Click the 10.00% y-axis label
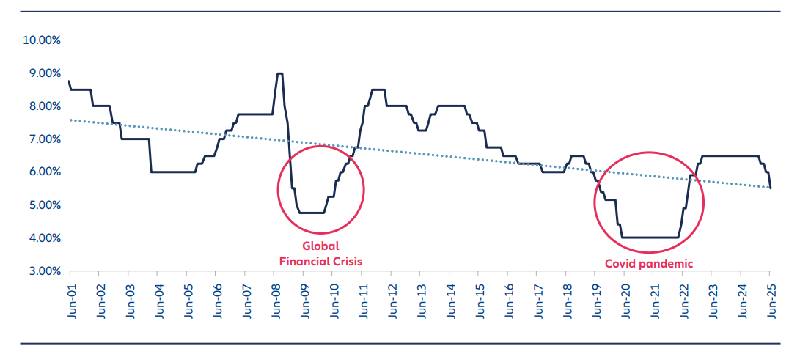pyautogui.click(x=42, y=40)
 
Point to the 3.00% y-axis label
pyautogui.click(x=44, y=271)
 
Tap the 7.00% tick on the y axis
pyautogui.click(x=44, y=139)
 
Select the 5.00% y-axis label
pyautogui.click(x=44, y=205)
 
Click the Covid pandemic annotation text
pyautogui.click(x=648, y=263)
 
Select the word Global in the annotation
pyautogui.click(x=320, y=247)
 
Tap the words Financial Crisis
pyautogui.click(x=320, y=261)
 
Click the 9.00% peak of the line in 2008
pyautogui.click(x=279, y=73)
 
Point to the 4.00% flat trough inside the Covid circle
pyautogui.click(x=649, y=238)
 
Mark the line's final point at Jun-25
pyautogui.click(x=771, y=188)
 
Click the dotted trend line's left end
pyautogui.click(x=70, y=120)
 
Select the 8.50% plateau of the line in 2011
pyautogui.click(x=378, y=89)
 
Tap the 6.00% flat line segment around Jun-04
pyautogui.click(x=172, y=172)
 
